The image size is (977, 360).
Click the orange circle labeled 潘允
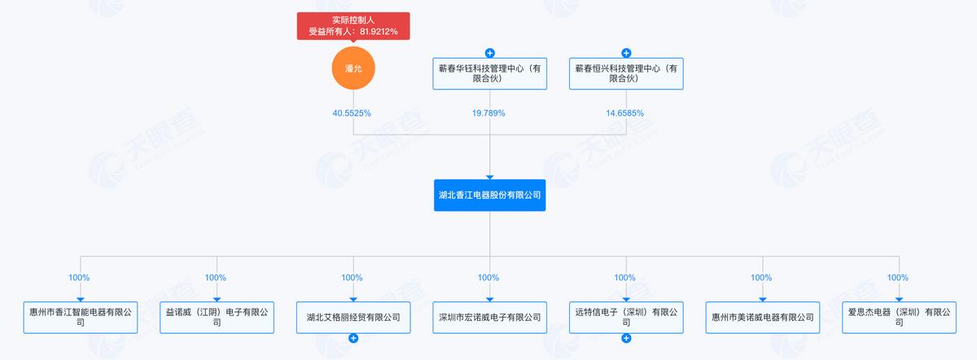353,68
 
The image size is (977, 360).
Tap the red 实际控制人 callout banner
353,26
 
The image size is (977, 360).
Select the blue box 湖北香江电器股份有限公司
490,195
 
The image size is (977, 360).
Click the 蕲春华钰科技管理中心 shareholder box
490,74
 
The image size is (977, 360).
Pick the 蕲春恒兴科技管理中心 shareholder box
626,74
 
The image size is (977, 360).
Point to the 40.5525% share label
352,113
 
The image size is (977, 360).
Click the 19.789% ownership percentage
488,113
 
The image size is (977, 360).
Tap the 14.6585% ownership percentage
625,113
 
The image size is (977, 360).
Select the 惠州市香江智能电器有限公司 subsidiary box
81,317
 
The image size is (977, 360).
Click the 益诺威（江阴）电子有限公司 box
217,317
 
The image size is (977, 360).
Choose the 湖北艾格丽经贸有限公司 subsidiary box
353,317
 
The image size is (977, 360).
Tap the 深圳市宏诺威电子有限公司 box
490,317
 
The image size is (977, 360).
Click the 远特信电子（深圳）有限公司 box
626,317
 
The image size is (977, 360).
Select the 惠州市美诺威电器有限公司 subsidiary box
763,317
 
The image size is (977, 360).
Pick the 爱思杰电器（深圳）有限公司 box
900,317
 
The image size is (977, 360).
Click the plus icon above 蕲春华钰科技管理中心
490,53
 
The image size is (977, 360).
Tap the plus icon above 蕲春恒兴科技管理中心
626,53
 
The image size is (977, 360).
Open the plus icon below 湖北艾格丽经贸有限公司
353,338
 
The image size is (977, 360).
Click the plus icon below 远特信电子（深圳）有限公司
626,338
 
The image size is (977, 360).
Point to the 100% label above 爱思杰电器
897,278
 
